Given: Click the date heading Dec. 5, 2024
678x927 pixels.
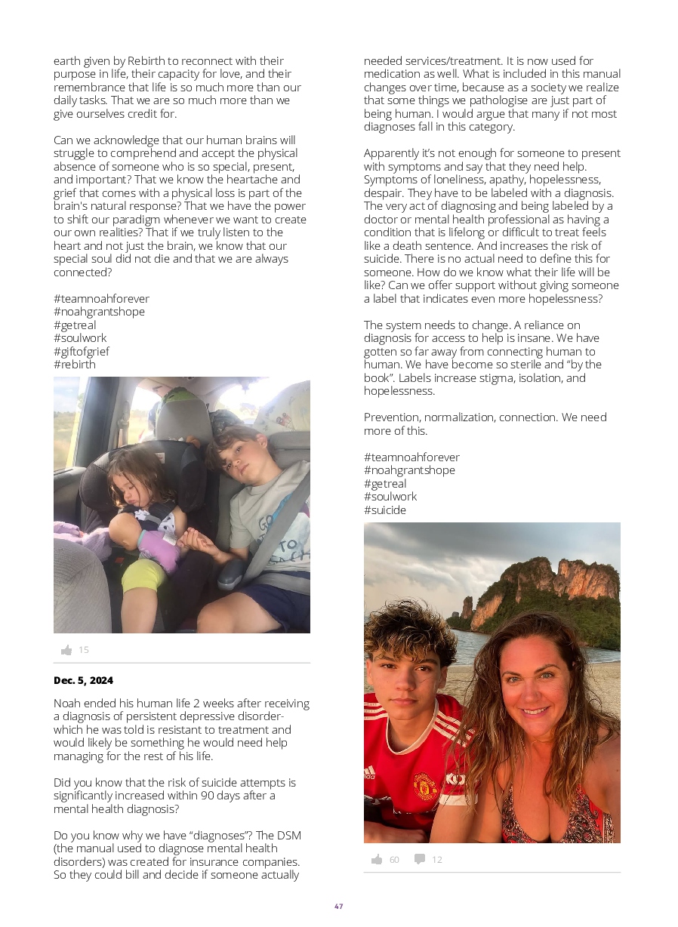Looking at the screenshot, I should click(83, 680).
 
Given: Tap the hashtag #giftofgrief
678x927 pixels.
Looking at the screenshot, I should click(81, 351).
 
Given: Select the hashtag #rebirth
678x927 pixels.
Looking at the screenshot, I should click(74, 364).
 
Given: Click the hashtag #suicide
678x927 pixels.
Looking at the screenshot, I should click(384, 510).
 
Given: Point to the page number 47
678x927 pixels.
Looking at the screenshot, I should click(339, 906).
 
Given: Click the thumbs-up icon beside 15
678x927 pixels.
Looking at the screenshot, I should click(66, 650).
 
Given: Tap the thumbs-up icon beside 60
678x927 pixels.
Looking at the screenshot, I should click(377, 859).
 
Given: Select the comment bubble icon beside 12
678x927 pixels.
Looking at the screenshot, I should click(420, 859).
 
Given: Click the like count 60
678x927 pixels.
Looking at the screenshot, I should click(394, 860).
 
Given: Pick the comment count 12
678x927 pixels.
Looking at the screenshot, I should click(437, 860).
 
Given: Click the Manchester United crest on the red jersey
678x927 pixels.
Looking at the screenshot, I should click(426, 786).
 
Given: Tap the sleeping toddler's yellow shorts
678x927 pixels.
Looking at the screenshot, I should click(144, 576).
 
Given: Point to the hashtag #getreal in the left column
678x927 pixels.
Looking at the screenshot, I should click(75, 325).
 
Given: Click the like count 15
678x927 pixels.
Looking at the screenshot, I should click(84, 650).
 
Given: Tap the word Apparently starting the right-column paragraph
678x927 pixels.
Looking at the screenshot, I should click(396, 153).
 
